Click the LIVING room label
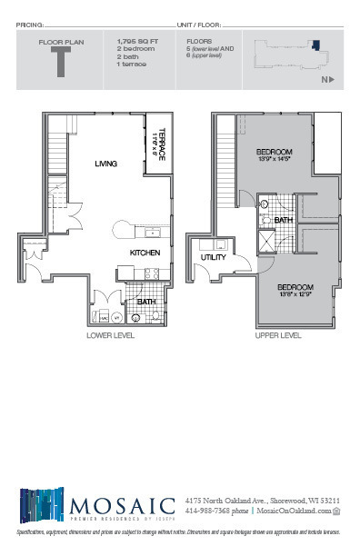pyautogui.click(x=106, y=164)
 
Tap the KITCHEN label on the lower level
pyautogui.click(x=145, y=252)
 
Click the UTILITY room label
pyautogui.click(x=213, y=257)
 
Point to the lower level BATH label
pyautogui.click(x=145, y=303)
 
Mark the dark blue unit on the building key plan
pyautogui.click(x=315, y=43)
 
